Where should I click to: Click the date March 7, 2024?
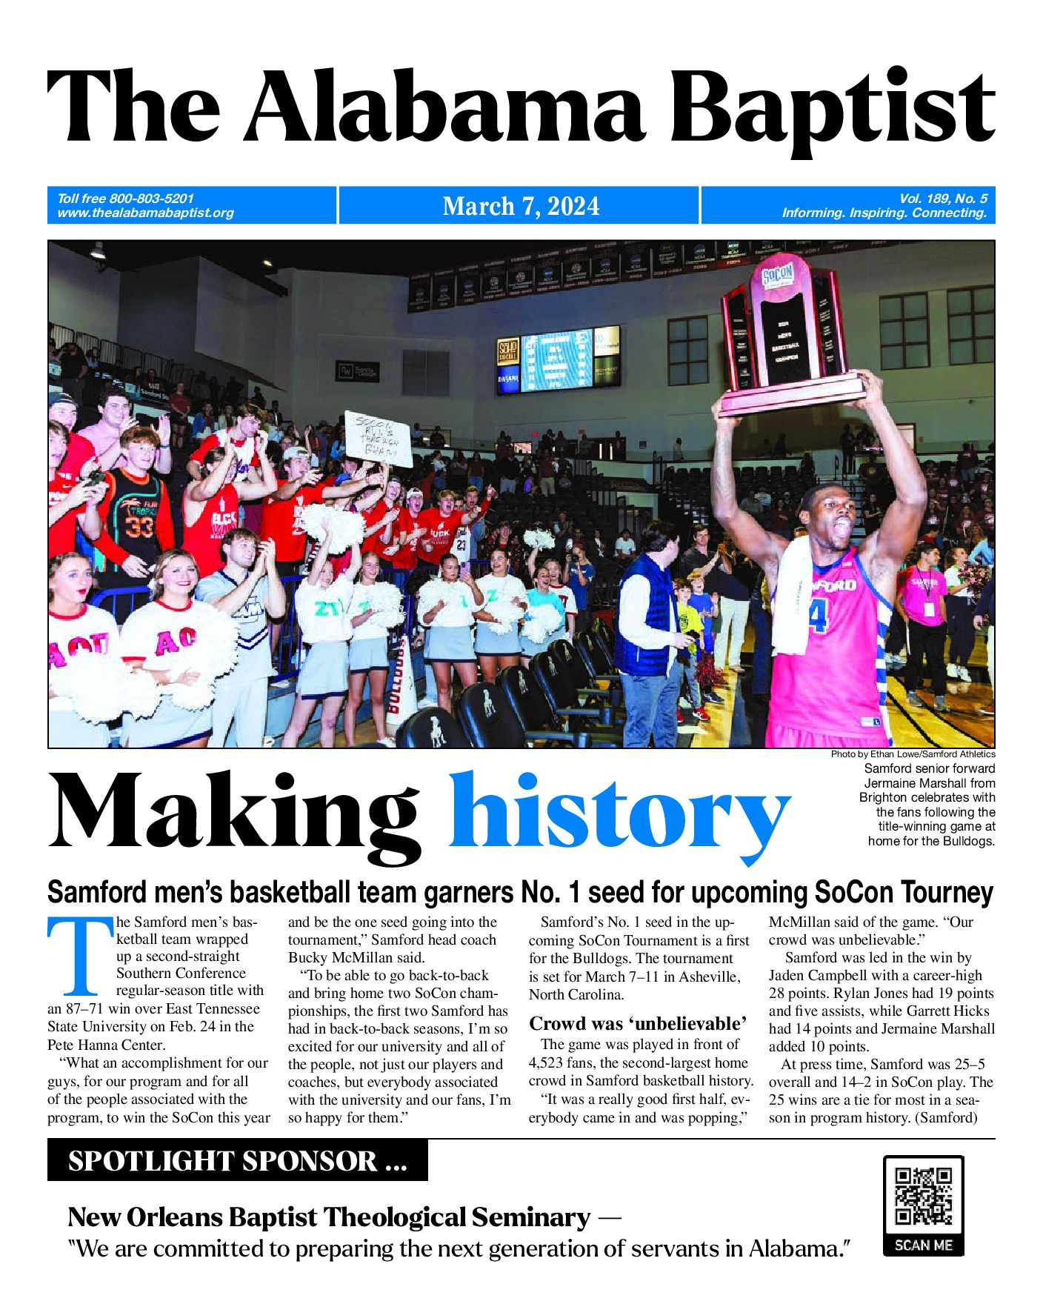point(521,206)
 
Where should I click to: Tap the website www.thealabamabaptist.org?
point(145,213)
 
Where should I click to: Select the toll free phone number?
point(125,199)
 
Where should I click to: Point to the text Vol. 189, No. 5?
point(942,199)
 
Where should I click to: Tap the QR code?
point(923,1196)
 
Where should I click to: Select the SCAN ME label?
point(923,1245)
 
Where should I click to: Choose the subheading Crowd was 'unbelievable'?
point(638,1024)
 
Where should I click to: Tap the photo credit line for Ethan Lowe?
point(913,754)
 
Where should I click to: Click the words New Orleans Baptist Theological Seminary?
point(329,1217)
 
